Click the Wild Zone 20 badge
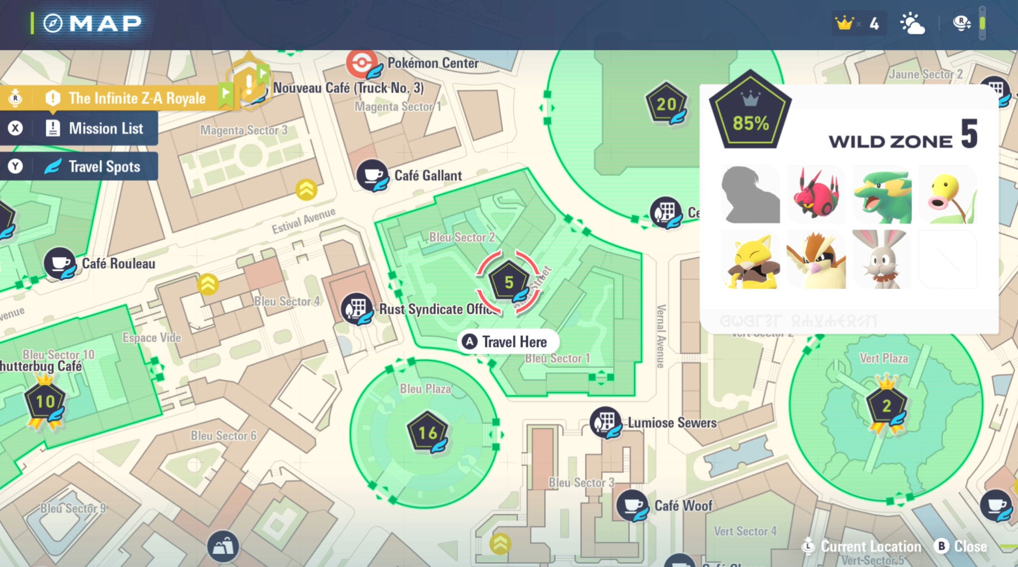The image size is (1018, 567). (x=666, y=103)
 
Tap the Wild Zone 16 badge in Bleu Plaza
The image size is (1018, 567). (x=427, y=433)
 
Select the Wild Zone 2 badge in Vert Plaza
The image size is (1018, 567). (x=886, y=405)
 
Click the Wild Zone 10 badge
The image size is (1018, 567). (x=45, y=401)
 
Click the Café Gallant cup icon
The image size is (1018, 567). (x=372, y=175)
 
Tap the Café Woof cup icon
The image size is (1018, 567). (x=632, y=505)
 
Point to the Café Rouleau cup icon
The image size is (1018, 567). (x=60, y=263)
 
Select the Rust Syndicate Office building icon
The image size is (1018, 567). (x=356, y=309)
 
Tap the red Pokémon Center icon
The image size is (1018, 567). (x=362, y=63)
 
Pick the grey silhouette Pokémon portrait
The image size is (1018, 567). (x=750, y=194)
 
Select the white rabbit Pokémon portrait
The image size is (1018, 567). (x=881, y=259)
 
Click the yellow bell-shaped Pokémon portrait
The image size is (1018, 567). (x=948, y=194)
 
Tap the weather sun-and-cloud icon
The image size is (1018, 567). (x=912, y=24)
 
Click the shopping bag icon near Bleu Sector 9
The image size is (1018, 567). (x=223, y=547)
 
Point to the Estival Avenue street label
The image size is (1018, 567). (x=303, y=221)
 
